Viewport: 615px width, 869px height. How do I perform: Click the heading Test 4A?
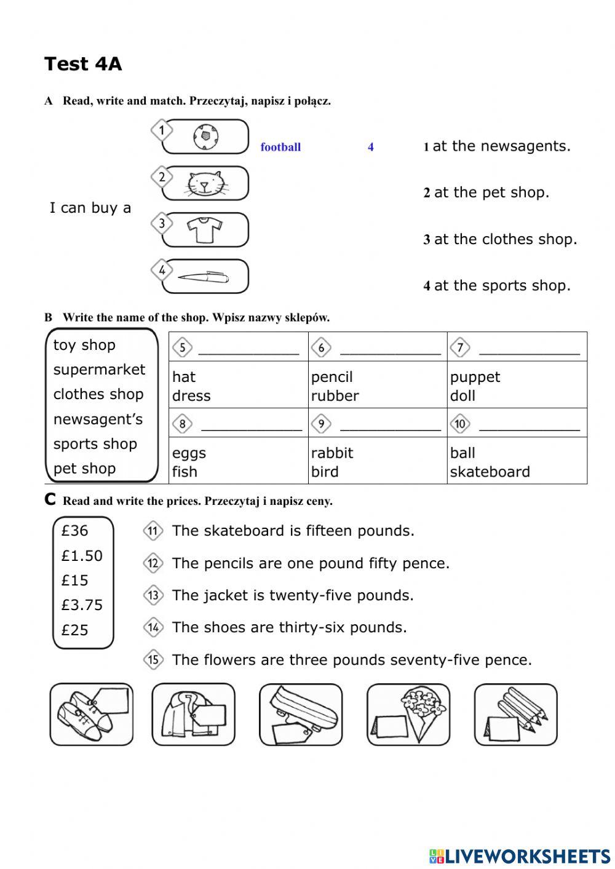(x=83, y=64)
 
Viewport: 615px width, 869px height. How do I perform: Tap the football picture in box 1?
(x=205, y=137)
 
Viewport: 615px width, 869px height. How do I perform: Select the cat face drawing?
(x=205, y=183)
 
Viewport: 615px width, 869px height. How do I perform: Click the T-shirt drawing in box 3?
(x=204, y=230)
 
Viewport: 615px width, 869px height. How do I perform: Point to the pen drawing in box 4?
(x=203, y=277)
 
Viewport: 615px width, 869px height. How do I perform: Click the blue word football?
(x=280, y=147)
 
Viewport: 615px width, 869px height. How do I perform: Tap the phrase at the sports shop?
(x=502, y=285)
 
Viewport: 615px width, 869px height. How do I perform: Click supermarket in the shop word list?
(x=99, y=370)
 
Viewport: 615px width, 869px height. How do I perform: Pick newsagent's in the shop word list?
(x=98, y=419)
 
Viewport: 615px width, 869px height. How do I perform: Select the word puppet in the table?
(x=475, y=377)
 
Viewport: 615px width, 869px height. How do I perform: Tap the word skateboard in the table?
(x=490, y=472)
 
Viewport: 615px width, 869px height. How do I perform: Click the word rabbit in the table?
(x=332, y=453)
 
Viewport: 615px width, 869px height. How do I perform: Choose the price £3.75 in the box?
(x=82, y=605)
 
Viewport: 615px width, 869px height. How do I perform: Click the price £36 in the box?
(x=74, y=531)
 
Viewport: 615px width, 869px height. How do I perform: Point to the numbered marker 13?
(x=153, y=595)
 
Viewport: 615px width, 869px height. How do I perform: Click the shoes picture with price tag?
(x=91, y=714)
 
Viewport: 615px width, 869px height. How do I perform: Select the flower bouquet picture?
(x=408, y=714)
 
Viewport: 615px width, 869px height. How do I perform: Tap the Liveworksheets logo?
(x=519, y=855)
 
